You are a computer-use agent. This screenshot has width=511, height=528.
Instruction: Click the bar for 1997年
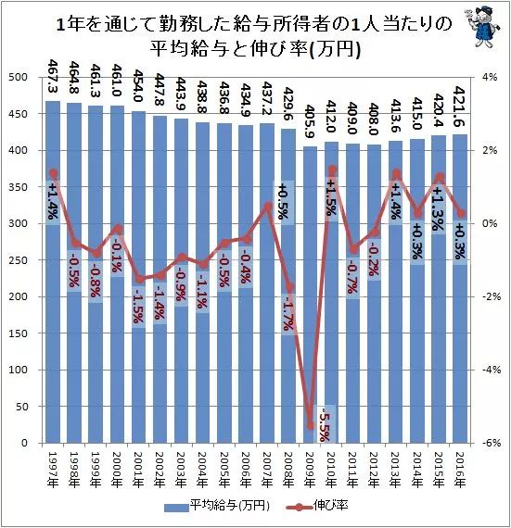click(53, 278)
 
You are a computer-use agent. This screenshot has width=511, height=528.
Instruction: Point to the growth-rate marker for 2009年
click(310, 425)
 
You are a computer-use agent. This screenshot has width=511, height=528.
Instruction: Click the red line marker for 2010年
click(331, 170)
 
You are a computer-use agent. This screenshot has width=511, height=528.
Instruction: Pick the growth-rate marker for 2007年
click(267, 206)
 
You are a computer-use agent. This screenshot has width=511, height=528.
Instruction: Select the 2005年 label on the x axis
click(223, 469)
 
